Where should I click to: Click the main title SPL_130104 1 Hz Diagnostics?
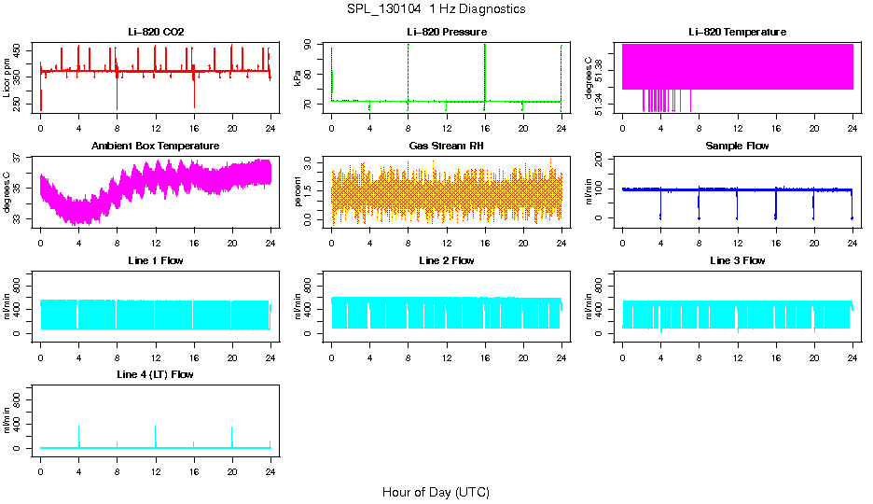click(x=435, y=9)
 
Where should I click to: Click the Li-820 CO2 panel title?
click(x=156, y=32)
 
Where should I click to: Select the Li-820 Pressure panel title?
click(x=447, y=32)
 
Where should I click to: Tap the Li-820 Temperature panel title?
click(x=737, y=32)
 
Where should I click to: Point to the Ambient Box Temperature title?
click(x=156, y=146)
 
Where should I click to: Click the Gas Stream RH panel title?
click(x=447, y=146)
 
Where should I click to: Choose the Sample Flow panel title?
click(x=737, y=146)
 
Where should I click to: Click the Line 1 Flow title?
click(x=156, y=260)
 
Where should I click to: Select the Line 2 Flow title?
click(x=447, y=260)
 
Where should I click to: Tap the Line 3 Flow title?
click(x=737, y=260)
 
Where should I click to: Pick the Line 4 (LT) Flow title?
click(x=156, y=374)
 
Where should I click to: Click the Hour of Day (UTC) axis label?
click(x=436, y=492)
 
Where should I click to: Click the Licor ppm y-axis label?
click(x=7, y=78)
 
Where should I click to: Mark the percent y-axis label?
click(x=298, y=192)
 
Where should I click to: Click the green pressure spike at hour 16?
click(x=485, y=70)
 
